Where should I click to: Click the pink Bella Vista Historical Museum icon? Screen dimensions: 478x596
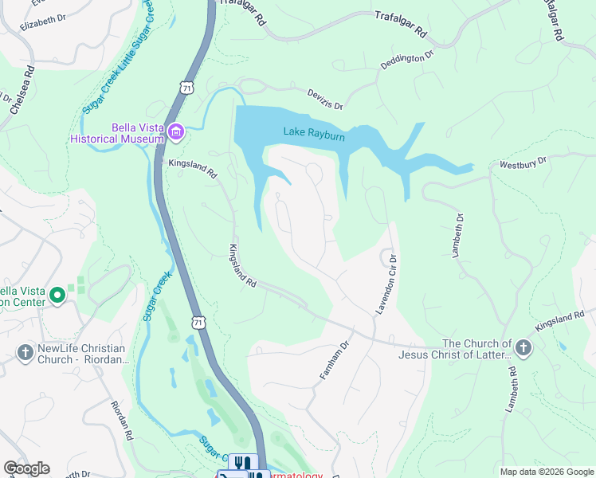(175, 131)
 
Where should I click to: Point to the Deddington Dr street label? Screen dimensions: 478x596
(406, 61)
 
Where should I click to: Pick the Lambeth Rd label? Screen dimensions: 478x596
(511, 391)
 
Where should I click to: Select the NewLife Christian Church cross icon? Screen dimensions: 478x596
(24, 351)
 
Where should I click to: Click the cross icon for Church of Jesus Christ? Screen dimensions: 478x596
(523, 347)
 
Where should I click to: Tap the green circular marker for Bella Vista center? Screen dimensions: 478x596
(57, 296)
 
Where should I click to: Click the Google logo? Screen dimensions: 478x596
(26, 468)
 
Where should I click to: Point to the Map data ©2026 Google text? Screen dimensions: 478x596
(546, 472)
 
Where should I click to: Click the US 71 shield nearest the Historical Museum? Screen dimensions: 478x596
(186, 86)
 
